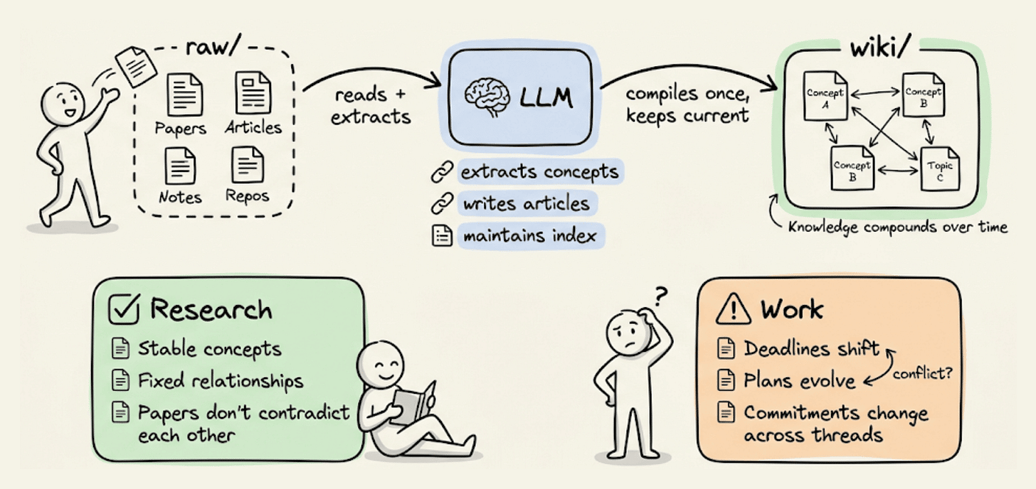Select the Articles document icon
pos(252,93)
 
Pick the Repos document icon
pos(248,164)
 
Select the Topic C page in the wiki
pos(940,168)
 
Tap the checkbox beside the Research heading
pos(124,308)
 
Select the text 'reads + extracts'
pos(371,104)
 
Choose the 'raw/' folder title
pos(211,47)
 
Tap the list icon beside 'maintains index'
pos(442,235)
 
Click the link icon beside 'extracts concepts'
pos(442,172)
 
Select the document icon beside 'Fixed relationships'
pos(122,380)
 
